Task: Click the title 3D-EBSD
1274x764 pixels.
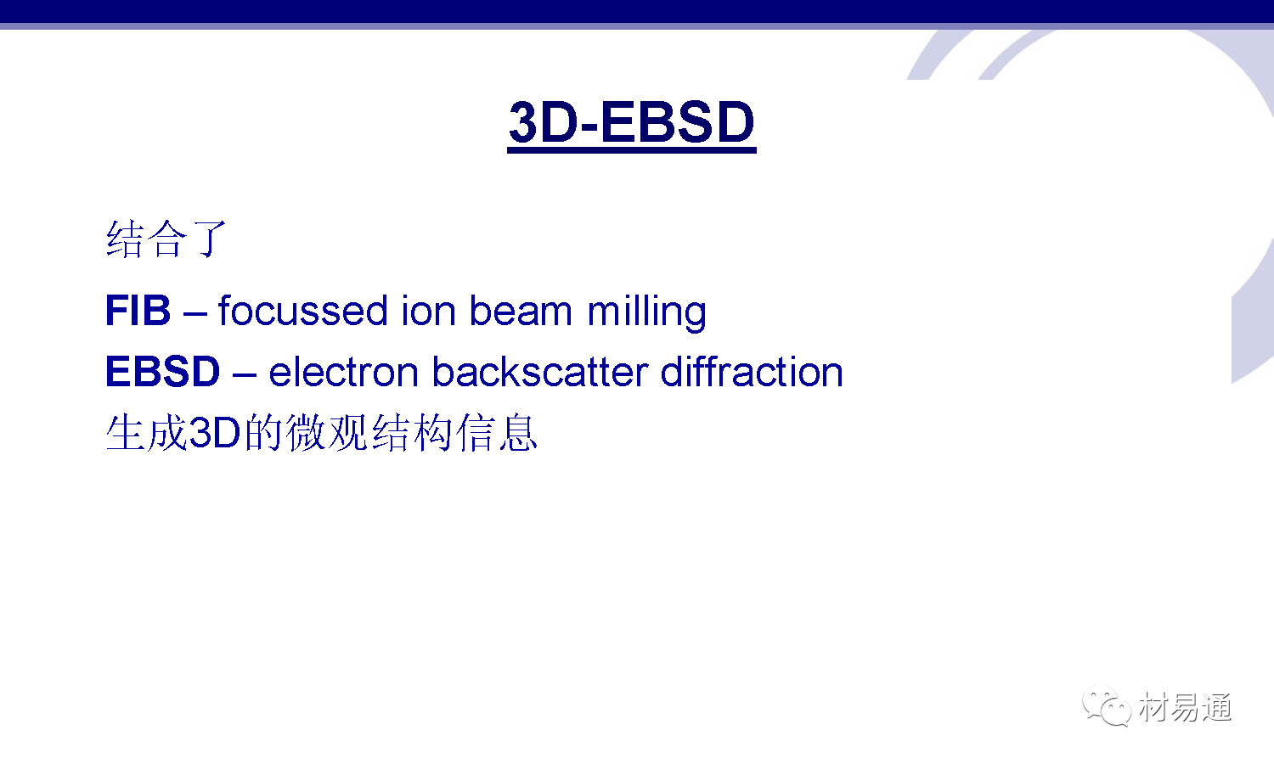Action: (632, 122)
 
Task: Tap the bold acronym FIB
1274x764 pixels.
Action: (138, 311)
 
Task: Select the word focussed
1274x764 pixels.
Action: (302, 311)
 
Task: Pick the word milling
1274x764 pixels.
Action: (646, 312)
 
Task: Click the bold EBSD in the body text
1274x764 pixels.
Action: (163, 371)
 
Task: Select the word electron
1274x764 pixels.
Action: (343, 372)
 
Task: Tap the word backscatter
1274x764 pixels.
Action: (539, 371)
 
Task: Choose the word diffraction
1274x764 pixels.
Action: (752, 371)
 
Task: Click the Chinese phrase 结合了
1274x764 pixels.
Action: (166, 239)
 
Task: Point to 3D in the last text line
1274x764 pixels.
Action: (214, 433)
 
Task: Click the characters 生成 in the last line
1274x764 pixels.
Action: (147, 433)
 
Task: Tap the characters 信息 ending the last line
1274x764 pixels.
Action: (497, 433)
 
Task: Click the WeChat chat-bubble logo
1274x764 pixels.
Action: (1107, 705)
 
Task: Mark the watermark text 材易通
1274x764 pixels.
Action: (1185, 707)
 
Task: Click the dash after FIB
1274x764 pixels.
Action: (194, 314)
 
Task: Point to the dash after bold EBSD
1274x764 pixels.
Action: (245, 375)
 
